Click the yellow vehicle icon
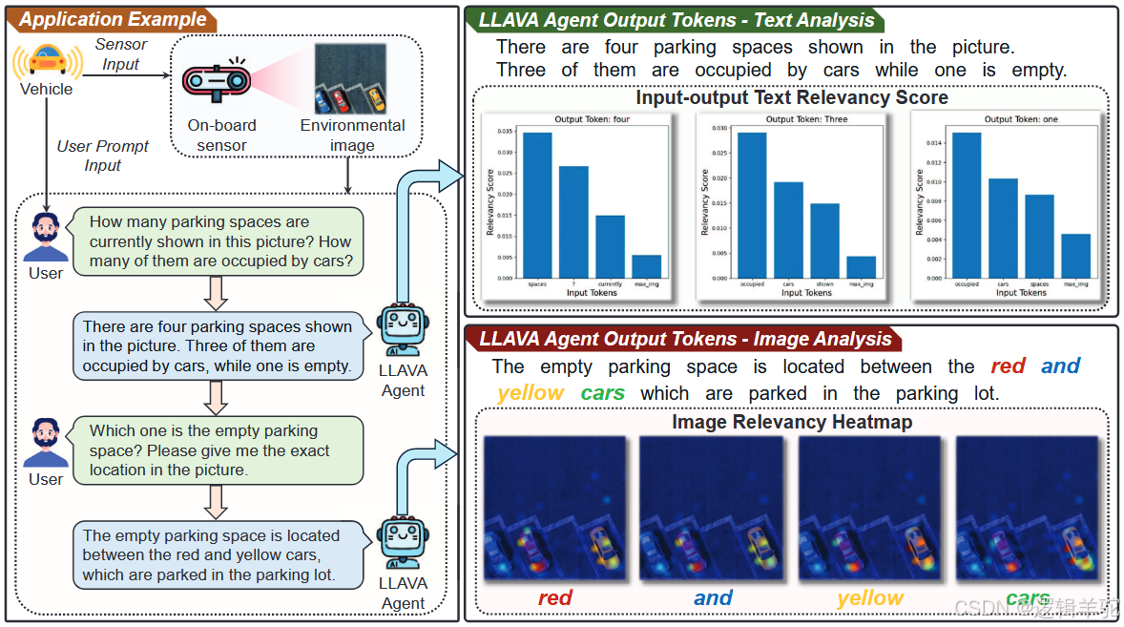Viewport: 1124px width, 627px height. (x=46, y=59)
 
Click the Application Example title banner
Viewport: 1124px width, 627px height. (x=113, y=19)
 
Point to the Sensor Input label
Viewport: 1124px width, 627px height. (x=121, y=54)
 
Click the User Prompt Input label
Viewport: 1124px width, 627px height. (x=103, y=156)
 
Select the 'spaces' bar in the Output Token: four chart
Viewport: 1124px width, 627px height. (x=537, y=204)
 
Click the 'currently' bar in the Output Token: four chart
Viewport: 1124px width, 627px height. (x=610, y=246)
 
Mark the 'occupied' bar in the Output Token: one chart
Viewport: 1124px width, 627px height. (x=967, y=204)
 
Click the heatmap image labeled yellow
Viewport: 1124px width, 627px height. (x=870, y=509)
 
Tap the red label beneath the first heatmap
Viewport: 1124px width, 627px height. (x=554, y=598)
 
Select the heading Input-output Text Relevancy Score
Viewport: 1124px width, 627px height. (x=792, y=97)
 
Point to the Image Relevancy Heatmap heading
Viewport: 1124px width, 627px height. (x=792, y=421)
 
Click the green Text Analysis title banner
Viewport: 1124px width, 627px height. (x=676, y=19)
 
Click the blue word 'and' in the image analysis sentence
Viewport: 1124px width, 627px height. (x=1060, y=366)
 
